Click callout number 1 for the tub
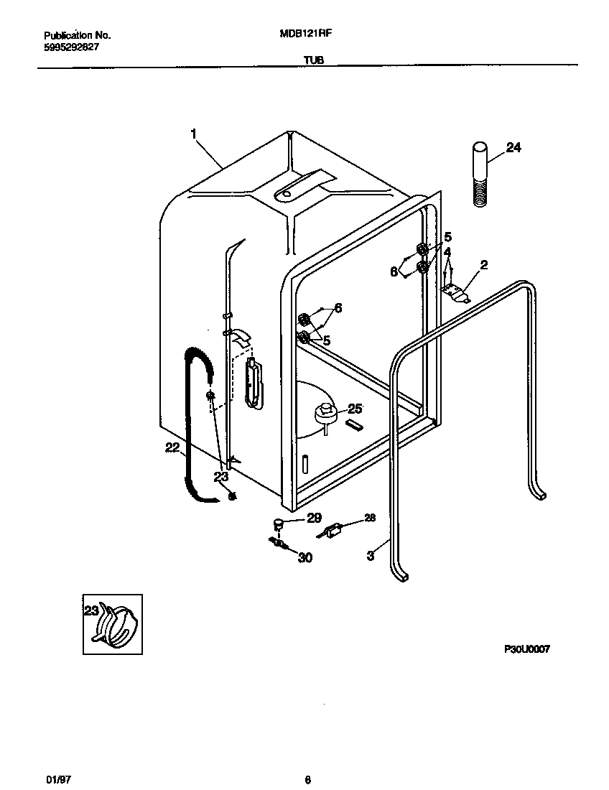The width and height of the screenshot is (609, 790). point(194,133)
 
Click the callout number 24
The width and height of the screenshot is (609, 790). point(513,148)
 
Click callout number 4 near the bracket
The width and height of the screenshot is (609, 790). point(447,252)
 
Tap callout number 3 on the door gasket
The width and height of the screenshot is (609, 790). point(371,555)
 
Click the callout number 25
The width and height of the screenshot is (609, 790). point(355,409)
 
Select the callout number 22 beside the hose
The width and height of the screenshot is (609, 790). point(172,447)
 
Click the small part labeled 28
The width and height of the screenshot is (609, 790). point(333,532)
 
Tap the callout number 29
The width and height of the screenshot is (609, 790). point(314,517)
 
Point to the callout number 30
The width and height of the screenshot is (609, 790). point(305,557)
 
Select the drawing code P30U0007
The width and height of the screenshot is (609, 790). point(526,649)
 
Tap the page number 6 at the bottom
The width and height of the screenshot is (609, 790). point(307,760)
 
